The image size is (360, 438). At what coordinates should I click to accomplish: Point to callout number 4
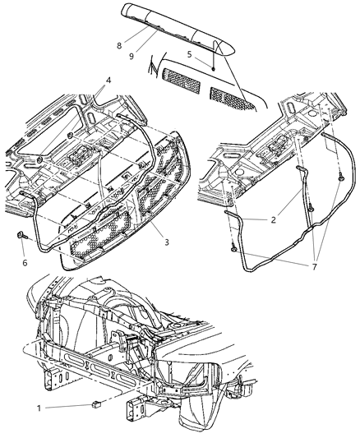(x=106, y=79)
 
